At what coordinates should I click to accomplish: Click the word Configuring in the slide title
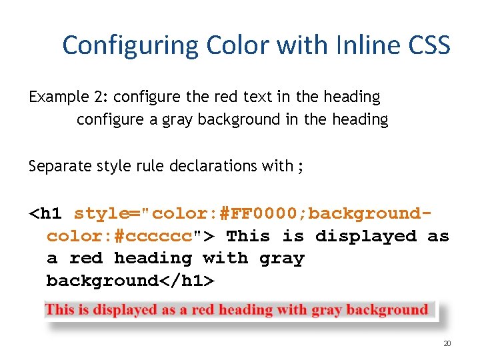click(x=131, y=45)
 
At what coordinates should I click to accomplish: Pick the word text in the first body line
click(x=255, y=97)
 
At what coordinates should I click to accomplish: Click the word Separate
click(x=57, y=166)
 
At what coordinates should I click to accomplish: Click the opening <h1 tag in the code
click(x=46, y=214)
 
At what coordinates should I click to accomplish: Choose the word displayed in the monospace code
click(x=365, y=236)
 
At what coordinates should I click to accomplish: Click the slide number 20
click(x=447, y=344)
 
